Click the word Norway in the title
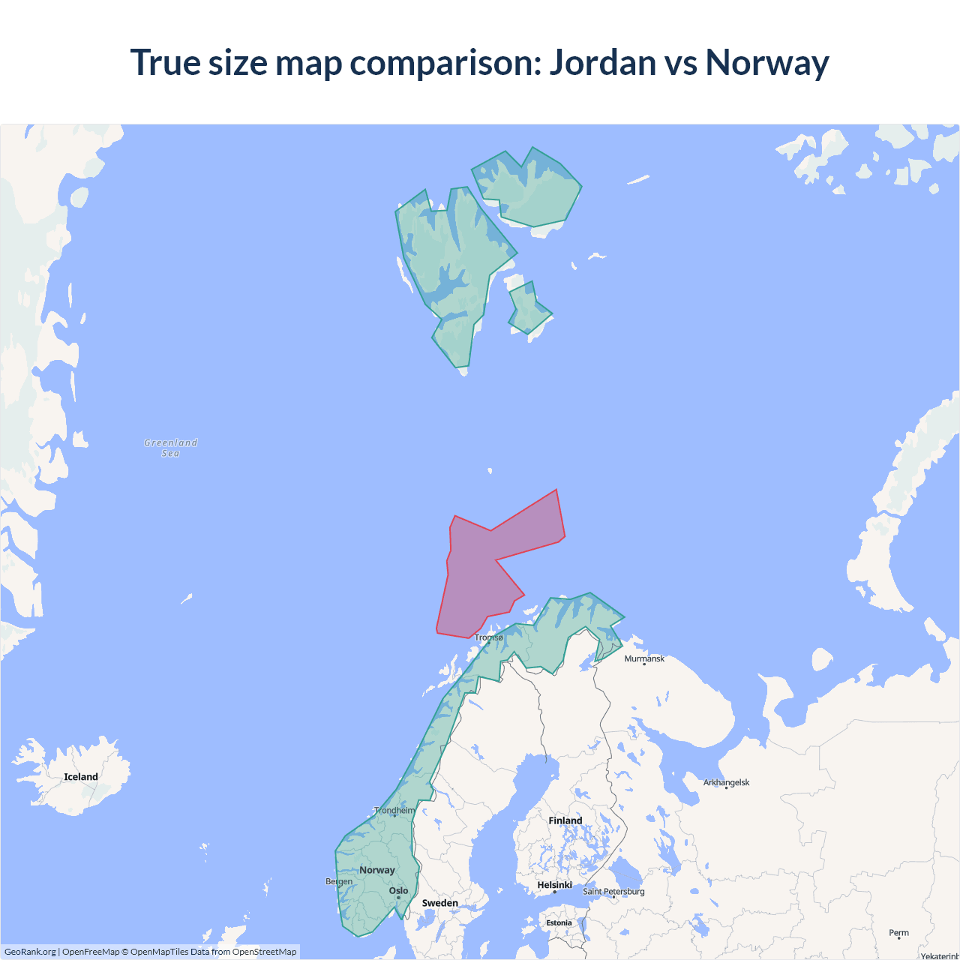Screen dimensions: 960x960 tap(766, 62)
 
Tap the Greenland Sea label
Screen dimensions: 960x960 tap(171, 448)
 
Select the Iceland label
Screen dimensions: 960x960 tap(81, 777)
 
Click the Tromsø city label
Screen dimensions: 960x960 tap(489, 637)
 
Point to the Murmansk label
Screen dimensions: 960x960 tap(644, 658)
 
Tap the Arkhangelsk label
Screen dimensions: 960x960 tap(726, 782)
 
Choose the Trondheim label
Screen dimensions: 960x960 tap(394, 810)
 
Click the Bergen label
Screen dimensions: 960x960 tap(339, 881)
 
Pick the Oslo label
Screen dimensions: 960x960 tap(399, 891)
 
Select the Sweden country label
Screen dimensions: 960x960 tap(439, 903)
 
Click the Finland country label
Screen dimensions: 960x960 tap(565, 820)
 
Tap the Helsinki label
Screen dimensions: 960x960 tap(555, 885)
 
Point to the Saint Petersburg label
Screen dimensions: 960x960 tap(613, 891)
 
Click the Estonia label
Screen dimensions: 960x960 tap(559, 923)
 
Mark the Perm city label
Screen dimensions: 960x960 tap(898, 933)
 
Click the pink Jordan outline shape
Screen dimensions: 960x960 tap(480, 577)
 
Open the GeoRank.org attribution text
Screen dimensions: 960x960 tap(30, 952)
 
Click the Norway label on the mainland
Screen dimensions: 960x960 tap(377, 870)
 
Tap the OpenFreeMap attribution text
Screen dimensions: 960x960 tap(91, 952)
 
